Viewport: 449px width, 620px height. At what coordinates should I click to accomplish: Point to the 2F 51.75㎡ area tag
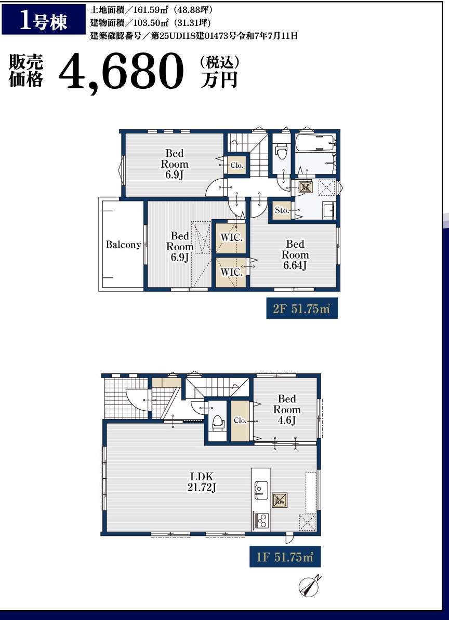tap(302, 308)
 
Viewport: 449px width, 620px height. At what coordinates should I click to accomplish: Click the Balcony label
tap(124, 245)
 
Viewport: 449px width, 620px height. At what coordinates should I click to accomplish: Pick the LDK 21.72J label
tap(202, 482)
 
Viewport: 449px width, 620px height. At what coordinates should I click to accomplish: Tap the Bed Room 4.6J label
tap(287, 409)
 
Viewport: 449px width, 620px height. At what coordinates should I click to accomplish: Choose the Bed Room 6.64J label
tap(295, 254)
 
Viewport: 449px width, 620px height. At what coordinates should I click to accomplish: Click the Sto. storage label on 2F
tap(282, 211)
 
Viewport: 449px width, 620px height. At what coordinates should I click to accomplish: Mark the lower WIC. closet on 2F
tap(231, 273)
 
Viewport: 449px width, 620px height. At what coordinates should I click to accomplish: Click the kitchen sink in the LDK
tap(261, 490)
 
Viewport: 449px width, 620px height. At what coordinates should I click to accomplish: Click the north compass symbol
tap(309, 586)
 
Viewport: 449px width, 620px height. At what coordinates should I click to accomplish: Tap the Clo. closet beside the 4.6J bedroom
tap(240, 421)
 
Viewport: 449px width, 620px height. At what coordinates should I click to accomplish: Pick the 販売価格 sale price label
tap(25, 71)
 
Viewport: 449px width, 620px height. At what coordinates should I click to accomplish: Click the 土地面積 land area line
tap(152, 10)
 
